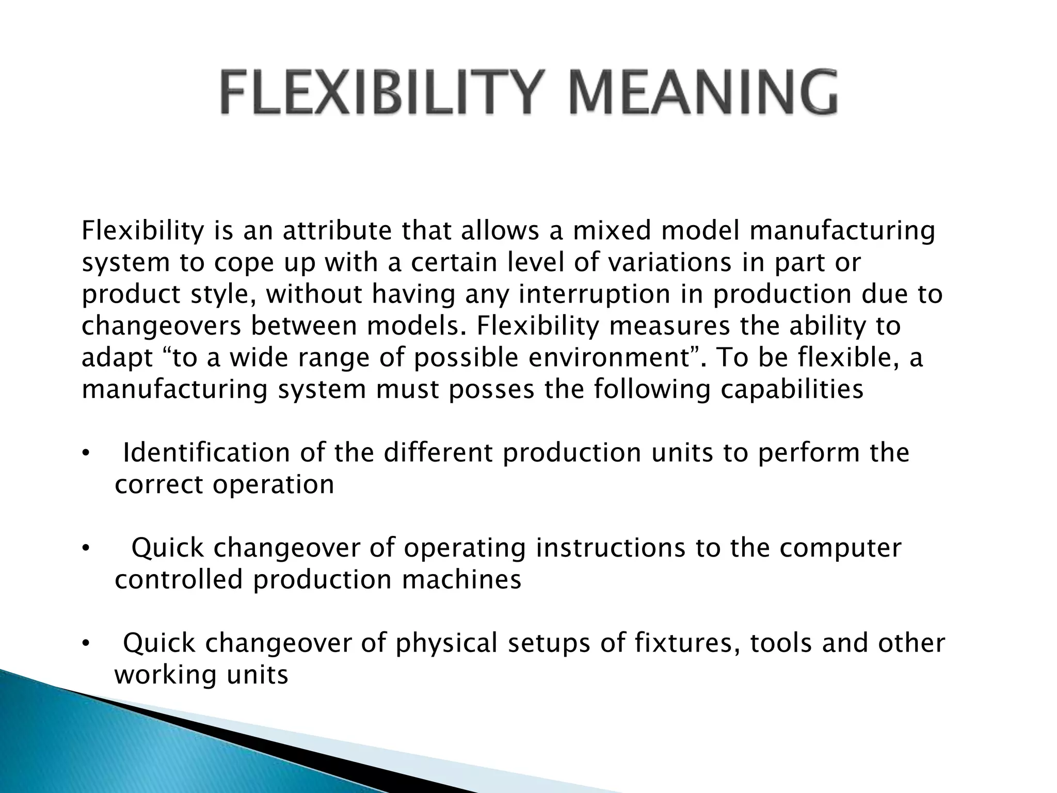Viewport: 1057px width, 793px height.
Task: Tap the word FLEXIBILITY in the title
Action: coord(382,93)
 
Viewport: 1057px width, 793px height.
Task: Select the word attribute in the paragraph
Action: coord(337,231)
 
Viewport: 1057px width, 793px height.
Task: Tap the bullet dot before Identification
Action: coord(86,454)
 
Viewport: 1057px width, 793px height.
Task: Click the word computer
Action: coord(840,548)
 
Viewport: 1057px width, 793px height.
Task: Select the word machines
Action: coord(461,579)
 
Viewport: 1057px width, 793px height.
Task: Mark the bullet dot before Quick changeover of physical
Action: coord(86,644)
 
